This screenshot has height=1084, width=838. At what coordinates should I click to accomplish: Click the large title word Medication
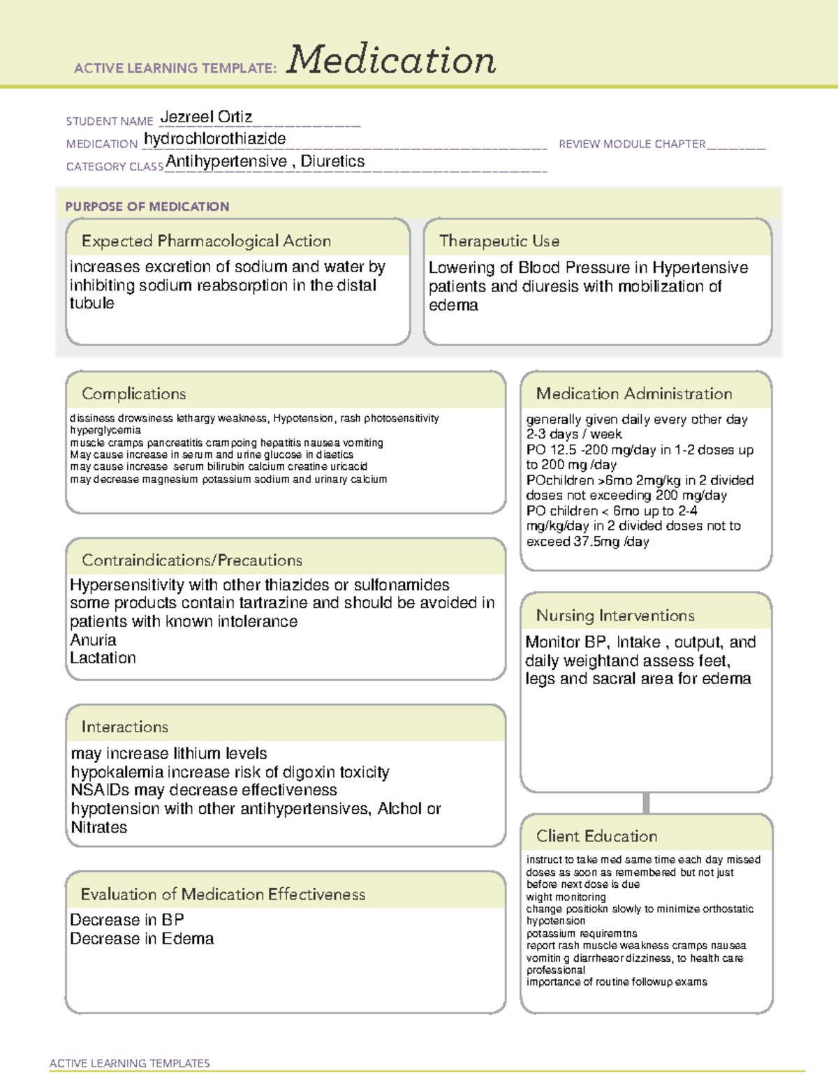point(391,60)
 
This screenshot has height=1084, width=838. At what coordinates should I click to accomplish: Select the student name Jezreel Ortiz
point(206,117)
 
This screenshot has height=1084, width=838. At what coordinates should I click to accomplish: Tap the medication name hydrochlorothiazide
point(214,139)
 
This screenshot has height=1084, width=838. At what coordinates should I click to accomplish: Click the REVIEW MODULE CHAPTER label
point(632,144)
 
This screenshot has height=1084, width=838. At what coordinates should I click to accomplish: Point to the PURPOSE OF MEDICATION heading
point(147,207)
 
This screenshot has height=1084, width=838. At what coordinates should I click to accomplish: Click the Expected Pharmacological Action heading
point(206,241)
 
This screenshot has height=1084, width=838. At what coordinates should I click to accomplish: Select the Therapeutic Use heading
point(499,241)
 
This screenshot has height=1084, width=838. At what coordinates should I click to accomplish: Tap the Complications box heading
point(133,394)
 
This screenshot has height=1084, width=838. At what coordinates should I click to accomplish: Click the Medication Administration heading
point(633,394)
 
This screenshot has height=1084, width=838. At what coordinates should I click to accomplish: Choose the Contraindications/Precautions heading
point(191,560)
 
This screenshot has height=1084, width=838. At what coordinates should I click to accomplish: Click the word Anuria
point(93,640)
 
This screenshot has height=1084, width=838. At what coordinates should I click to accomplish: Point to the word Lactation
point(103,658)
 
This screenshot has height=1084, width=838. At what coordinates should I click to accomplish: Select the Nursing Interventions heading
point(615,616)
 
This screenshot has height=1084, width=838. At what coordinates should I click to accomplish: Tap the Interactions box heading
point(124,727)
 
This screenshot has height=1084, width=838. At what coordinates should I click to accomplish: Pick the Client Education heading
point(596,836)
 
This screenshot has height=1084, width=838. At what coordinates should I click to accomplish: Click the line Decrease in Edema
point(142,939)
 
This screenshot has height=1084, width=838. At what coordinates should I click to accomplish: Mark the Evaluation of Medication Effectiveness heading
point(223,894)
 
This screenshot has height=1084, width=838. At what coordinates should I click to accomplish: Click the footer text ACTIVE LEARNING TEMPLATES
point(129,1063)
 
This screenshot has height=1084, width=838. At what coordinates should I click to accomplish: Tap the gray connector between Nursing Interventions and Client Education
point(646,803)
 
